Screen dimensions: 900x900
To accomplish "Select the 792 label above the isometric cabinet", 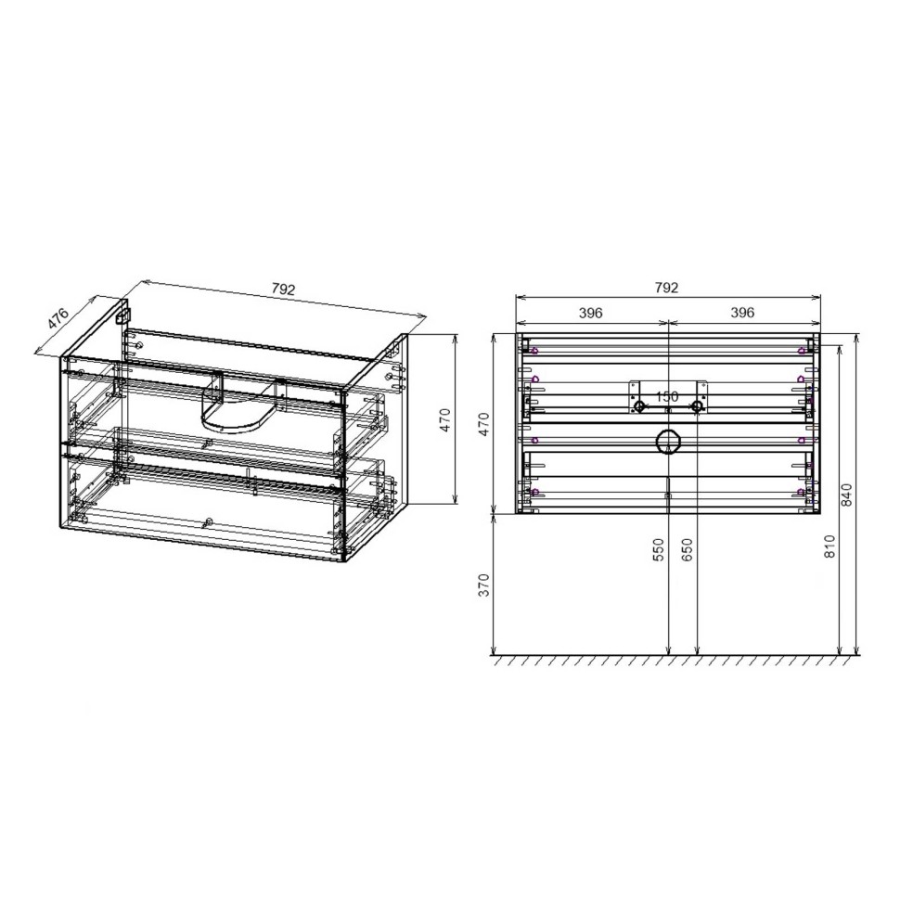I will click(x=284, y=289).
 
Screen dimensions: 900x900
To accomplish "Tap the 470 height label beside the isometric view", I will click(x=444, y=420).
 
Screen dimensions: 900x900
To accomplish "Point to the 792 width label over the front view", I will click(x=667, y=288).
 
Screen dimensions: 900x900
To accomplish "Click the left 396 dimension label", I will click(x=591, y=313).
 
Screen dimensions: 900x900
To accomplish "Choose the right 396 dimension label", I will click(x=742, y=313).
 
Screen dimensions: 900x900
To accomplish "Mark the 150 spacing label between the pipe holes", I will click(x=667, y=396).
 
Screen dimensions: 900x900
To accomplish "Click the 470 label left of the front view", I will click(x=482, y=424).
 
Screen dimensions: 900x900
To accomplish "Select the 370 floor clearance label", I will click(x=482, y=586).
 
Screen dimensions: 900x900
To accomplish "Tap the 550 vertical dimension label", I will click(x=658, y=551).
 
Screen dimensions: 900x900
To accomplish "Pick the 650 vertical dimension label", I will click(x=687, y=551).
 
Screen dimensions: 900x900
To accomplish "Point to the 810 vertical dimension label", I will click(x=829, y=547).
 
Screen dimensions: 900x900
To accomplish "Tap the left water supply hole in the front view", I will click(x=639, y=406).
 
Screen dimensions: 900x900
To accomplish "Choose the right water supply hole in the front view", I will click(x=697, y=406).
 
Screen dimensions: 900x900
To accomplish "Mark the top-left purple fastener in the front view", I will click(x=535, y=351).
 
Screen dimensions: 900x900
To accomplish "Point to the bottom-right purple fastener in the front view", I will click(x=801, y=492).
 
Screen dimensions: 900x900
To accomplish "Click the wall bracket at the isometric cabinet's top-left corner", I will click(x=121, y=315).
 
